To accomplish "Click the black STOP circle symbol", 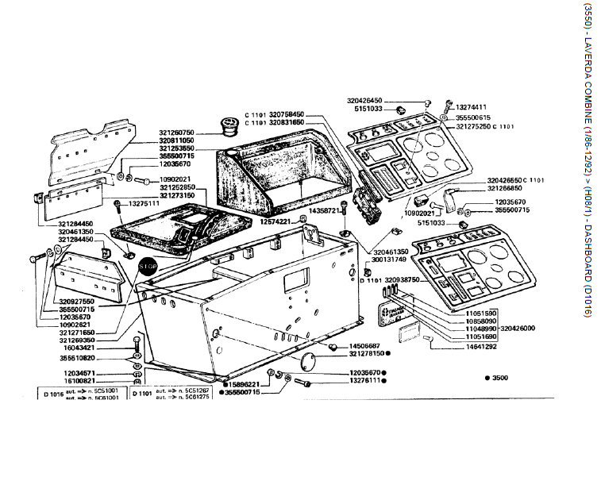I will click(x=148, y=267).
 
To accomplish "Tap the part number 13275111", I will click(x=144, y=203).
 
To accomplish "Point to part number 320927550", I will click(x=77, y=302).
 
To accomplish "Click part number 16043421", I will click(x=80, y=348).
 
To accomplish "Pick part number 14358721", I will click(x=323, y=211).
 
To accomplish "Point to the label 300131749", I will click(x=388, y=260).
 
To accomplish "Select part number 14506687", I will click(x=366, y=346).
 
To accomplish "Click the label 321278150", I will click(x=367, y=354).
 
